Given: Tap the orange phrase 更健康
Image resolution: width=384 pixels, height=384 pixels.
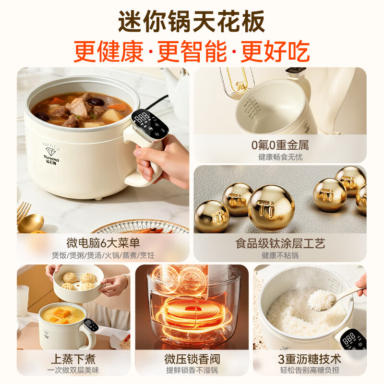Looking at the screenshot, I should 108,51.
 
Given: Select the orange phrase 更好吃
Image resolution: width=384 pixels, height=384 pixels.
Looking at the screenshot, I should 275,51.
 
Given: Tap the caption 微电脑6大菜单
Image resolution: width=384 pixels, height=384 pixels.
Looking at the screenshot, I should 103,243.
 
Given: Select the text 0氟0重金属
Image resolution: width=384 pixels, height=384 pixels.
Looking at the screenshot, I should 279,144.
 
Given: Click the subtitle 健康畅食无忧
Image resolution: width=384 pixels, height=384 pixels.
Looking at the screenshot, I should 279,157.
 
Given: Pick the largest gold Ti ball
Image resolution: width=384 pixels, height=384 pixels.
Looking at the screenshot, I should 271,207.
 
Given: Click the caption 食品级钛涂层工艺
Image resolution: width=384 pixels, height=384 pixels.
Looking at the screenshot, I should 279,243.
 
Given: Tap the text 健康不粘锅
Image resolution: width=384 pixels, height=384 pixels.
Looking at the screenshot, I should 279,255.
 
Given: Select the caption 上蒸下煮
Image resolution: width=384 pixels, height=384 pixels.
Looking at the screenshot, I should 73,358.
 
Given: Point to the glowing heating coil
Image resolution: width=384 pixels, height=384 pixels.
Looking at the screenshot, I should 192,314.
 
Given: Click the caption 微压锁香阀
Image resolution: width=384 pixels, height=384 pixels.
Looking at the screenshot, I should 192,358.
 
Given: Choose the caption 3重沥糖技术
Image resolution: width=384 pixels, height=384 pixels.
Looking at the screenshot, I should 310,358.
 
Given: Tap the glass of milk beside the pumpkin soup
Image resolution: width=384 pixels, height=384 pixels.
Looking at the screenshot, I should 23,300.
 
